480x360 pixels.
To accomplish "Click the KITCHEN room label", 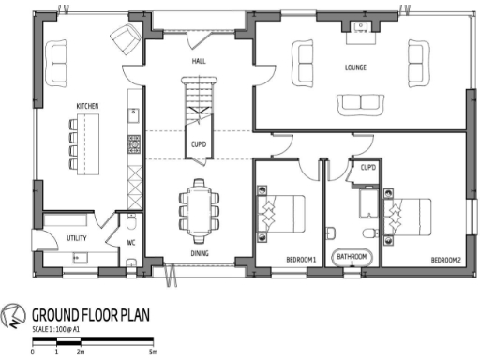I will pyautogui.click(x=88, y=106).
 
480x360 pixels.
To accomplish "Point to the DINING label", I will pyautogui.click(x=200, y=253).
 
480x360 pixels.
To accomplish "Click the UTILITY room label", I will pyautogui.click(x=77, y=238).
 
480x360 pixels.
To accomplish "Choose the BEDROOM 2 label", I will pyautogui.click(x=446, y=258).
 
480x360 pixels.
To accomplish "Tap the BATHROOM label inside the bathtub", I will pyautogui.click(x=352, y=256).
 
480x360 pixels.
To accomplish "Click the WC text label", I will pyautogui.click(x=132, y=243).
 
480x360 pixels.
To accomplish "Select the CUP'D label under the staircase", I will pyautogui.click(x=199, y=144).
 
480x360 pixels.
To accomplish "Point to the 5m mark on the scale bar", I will pyautogui.click(x=152, y=352).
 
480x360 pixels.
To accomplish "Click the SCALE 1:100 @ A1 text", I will pyautogui.click(x=57, y=331).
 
